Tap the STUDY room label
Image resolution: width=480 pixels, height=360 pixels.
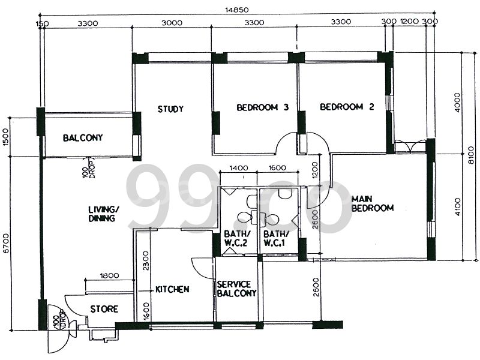(x=170, y=109)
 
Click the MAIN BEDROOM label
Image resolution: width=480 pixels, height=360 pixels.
(x=373, y=203)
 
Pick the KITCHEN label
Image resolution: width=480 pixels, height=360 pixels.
(x=173, y=289)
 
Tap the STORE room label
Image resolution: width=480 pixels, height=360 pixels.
(x=104, y=310)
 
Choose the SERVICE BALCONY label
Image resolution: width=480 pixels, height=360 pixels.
(x=237, y=289)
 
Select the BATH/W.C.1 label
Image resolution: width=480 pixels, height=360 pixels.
(x=277, y=239)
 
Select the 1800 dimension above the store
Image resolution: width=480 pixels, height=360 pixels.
(x=109, y=275)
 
